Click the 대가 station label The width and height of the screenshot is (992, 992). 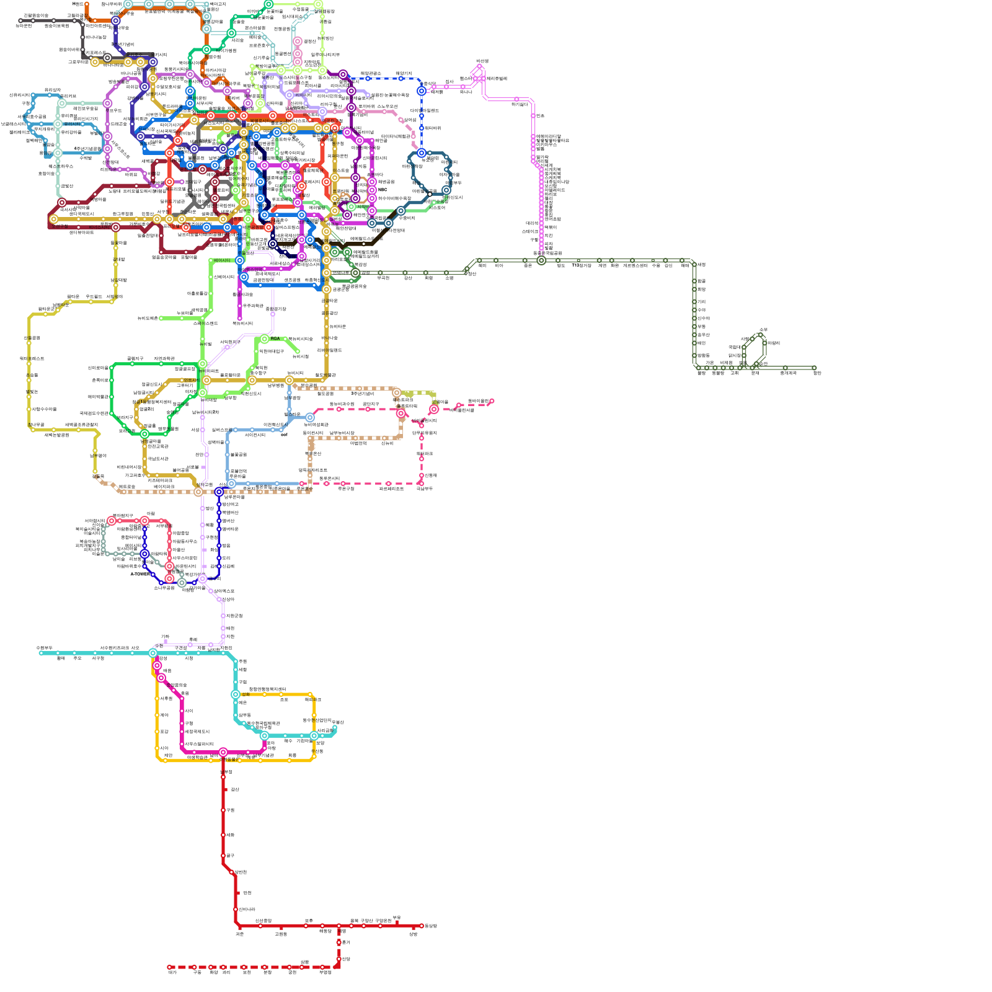point(172,973)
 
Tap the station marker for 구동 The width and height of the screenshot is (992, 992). point(194,967)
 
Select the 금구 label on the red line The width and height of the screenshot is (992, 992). point(230,856)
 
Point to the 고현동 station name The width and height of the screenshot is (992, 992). point(281,934)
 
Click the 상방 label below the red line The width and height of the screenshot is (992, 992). point(414,934)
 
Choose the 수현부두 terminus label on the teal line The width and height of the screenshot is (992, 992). point(45,648)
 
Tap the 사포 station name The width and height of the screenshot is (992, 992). point(135,648)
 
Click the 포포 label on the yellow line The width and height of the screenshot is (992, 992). point(284,699)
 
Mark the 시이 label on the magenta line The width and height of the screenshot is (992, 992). point(188,711)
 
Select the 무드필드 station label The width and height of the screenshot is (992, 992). point(94,297)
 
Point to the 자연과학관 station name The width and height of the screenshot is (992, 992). point(164,358)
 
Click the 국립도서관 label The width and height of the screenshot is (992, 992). point(157,459)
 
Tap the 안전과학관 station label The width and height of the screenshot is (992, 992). point(157,446)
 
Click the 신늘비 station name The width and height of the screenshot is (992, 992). point(387,443)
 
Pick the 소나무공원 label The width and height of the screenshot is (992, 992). point(164,588)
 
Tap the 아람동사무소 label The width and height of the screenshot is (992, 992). point(185,541)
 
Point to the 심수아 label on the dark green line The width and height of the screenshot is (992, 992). point(703,318)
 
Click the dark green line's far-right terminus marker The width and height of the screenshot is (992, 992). point(814,368)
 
